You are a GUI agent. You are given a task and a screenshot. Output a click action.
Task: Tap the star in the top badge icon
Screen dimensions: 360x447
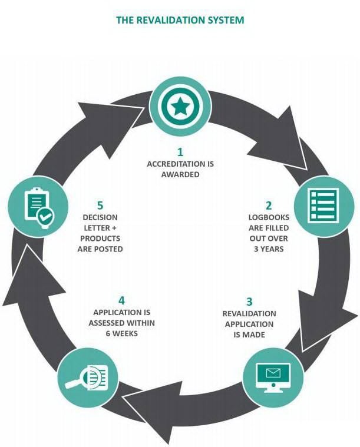pyautogui.click(x=180, y=107)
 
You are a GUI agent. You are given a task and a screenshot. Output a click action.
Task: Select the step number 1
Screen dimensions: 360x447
pyautogui.click(x=180, y=152)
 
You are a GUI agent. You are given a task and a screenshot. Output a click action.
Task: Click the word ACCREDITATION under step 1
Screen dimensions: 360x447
pyautogui.click(x=176, y=164)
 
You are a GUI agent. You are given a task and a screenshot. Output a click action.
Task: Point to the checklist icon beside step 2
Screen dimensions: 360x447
pyautogui.click(x=324, y=205)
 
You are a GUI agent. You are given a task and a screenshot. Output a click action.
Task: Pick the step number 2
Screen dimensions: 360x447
pyautogui.click(x=269, y=206)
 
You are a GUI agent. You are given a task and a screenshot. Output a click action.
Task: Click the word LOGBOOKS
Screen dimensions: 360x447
pyautogui.click(x=269, y=217)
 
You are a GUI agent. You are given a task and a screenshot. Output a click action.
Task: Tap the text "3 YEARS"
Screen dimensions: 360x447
pyautogui.click(x=269, y=249)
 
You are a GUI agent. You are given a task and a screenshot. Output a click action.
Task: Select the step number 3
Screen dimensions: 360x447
pyautogui.click(x=249, y=302)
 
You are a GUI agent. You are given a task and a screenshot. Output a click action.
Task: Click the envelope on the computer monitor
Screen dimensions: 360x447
pyautogui.click(x=273, y=373)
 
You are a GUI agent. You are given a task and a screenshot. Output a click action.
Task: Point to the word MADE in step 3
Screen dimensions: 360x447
pyautogui.click(x=253, y=335)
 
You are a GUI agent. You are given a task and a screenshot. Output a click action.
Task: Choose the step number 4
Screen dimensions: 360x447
pyautogui.click(x=122, y=300)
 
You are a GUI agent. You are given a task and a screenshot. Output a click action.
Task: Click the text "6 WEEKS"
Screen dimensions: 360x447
pyautogui.click(x=122, y=333)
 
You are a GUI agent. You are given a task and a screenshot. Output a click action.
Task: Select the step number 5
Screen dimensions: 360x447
pyautogui.click(x=100, y=206)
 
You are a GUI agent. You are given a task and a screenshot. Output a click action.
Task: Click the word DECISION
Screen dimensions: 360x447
pyautogui.click(x=100, y=217)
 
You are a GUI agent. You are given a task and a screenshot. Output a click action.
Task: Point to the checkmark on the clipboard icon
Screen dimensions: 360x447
pyautogui.click(x=45, y=217)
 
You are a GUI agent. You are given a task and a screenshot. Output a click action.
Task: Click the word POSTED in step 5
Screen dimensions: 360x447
pyautogui.click(x=108, y=249)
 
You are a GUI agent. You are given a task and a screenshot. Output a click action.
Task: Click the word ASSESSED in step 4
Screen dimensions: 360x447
pyautogui.click(x=107, y=323)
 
